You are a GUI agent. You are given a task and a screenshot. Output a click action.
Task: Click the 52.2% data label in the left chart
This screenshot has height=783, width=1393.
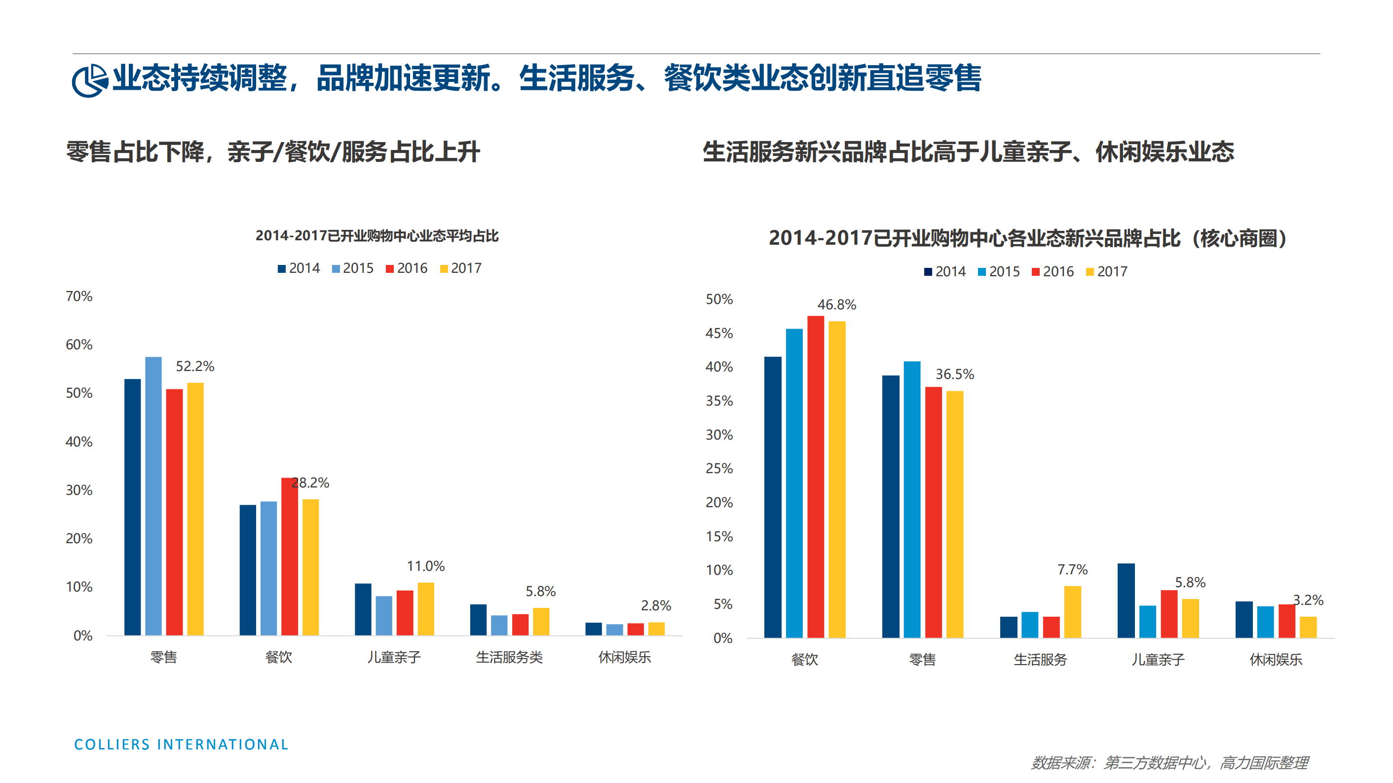click(x=195, y=367)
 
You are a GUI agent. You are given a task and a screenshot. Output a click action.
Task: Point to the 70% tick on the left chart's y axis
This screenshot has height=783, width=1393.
click(x=79, y=297)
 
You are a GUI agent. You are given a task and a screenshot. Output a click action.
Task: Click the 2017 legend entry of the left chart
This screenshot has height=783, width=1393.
click(x=461, y=268)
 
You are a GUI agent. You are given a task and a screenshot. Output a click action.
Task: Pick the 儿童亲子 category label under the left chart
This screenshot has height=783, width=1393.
click(x=394, y=657)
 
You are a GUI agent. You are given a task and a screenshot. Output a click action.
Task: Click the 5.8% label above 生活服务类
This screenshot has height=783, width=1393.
click(x=540, y=591)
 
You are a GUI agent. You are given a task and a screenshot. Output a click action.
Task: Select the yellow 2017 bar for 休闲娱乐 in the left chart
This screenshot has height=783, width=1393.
click(x=656, y=629)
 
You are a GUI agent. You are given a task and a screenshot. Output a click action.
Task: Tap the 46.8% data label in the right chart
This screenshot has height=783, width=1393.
click(x=836, y=305)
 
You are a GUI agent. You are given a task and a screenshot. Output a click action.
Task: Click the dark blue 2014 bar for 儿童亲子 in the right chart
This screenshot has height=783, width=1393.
click(x=1126, y=600)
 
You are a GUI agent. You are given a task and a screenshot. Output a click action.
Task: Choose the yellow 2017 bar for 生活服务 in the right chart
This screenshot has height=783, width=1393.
click(x=1072, y=612)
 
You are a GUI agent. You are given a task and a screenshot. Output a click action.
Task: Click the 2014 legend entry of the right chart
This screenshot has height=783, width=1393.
click(x=945, y=271)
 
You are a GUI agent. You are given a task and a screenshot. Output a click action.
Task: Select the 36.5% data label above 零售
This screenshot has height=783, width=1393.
click(x=954, y=374)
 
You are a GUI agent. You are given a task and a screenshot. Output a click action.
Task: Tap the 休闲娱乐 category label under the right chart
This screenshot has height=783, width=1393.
click(x=1276, y=660)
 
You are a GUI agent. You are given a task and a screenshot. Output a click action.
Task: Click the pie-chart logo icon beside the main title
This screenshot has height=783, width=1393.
click(x=89, y=80)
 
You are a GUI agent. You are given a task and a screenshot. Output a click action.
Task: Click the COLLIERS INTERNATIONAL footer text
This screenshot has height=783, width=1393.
click(x=181, y=745)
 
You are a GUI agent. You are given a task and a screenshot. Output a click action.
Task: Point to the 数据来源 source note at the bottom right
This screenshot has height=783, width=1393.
click(x=1169, y=763)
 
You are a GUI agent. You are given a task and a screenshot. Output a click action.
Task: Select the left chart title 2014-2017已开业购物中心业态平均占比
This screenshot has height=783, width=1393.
click(x=377, y=236)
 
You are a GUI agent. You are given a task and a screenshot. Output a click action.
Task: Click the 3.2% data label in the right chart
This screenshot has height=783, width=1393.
click(x=1308, y=600)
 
